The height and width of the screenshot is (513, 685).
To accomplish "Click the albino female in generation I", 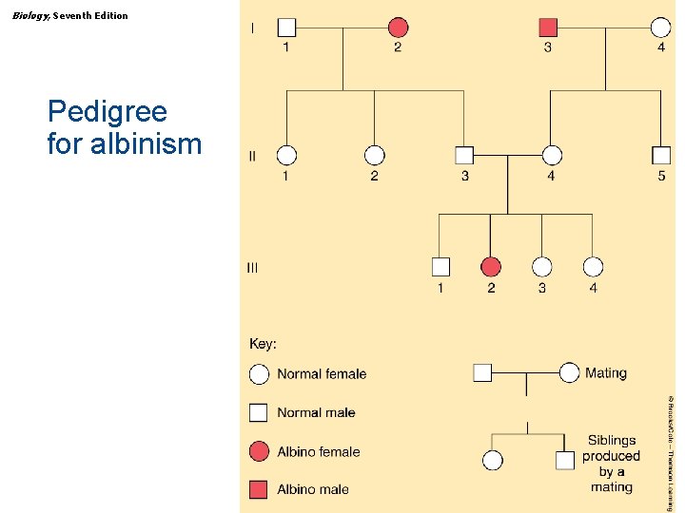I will [x=398, y=28].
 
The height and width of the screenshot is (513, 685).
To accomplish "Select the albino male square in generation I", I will [x=548, y=28].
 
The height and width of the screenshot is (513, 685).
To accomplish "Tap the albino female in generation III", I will [x=491, y=267].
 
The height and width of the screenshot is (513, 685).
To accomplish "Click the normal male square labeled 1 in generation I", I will [x=287, y=28].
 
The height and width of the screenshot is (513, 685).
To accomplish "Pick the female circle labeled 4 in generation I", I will [x=660, y=28].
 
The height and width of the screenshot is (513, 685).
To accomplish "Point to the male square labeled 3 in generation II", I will [x=464, y=155].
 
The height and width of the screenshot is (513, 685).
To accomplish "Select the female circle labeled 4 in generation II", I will [x=551, y=155].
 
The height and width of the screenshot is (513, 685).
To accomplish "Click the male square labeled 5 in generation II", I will [x=661, y=155].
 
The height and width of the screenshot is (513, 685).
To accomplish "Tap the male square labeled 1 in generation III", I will [x=440, y=267].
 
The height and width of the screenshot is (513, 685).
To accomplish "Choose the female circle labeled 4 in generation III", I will [x=593, y=267].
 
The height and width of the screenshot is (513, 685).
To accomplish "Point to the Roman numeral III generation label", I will [x=252, y=268].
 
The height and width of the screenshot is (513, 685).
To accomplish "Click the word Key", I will [x=263, y=344].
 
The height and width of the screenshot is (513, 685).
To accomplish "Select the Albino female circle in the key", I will [x=259, y=451].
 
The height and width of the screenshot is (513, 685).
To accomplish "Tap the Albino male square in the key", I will [x=259, y=490].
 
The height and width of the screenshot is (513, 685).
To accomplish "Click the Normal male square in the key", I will [x=259, y=412].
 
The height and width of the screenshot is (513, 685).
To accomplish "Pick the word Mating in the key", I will [x=606, y=372].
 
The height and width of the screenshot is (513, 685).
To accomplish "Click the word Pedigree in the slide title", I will [x=108, y=112].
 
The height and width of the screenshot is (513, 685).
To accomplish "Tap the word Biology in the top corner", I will [x=31, y=15].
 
